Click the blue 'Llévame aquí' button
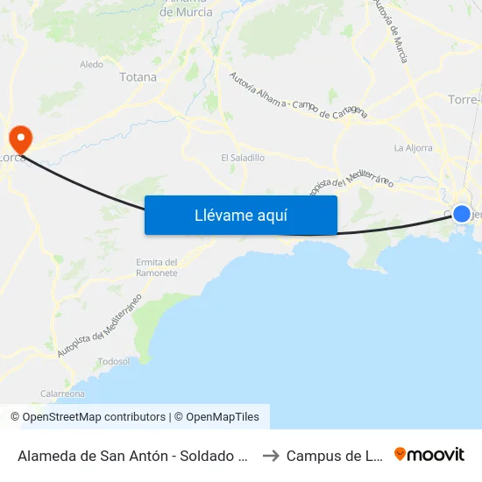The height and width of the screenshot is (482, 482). pyautogui.click(x=240, y=215)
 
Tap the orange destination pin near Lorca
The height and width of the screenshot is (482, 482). pyautogui.click(x=18, y=138)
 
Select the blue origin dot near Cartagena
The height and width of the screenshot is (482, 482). pyautogui.click(x=462, y=214)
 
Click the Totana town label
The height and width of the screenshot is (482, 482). pyautogui.click(x=138, y=77)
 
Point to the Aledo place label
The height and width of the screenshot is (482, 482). pyautogui.click(x=91, y=64)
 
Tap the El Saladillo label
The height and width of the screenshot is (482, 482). pyautogui.click(x=243, y=158)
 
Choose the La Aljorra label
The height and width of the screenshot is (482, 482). pyautogui.click(x=413, y=148)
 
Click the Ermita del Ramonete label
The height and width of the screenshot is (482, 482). pyautogui.click(x=157, y=267)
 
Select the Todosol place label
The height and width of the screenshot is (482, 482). pyautogui.click(x=114, y=361)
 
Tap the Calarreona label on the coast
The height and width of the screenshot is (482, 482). pyautogui.click(x=63, y=393)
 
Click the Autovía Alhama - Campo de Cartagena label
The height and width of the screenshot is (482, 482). pyautogui.click(x=298, y=96)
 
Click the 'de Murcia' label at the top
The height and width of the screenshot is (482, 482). pyautogui.click(x=185, y=13)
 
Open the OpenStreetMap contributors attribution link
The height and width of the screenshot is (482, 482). pyautogui.click(x=88, y=417)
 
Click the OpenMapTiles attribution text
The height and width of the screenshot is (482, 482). pyautogui.click(x=220, y=417)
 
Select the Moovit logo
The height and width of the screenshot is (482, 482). pyautogui.click(x=429, y=454)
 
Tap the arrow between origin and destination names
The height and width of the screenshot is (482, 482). pyautogui.click(x=270, y=455)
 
